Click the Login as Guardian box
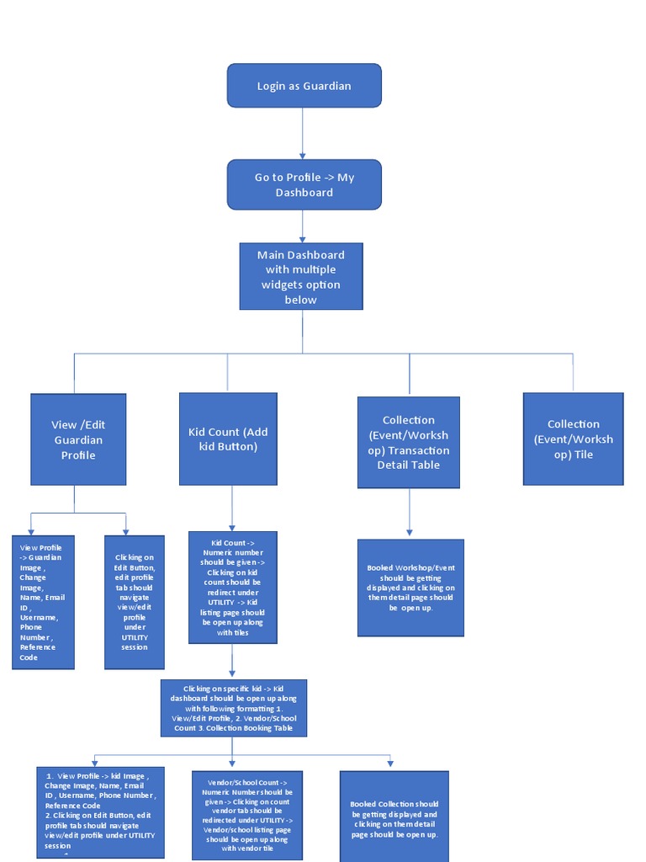pyautogui.click(x=304, y=86)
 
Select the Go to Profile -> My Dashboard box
pyautogui.click(x=304, y=184)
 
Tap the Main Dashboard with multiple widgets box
pyautogui.click(x=301, y=276)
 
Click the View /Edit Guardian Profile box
pyautogui.click(x=78, y=439)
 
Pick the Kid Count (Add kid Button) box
pyautogui.click(x=228, y=439)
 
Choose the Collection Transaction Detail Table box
pyautogui.click(x=408, y=442)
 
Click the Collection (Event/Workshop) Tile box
pyautogui.click(x=573, y=439)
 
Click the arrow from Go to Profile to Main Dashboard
pyautogui.click(x=303, y=226)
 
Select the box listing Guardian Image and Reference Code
pyautogui.click(x=43, y=602)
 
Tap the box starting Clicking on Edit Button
pyautogui.click(x=135, y=602)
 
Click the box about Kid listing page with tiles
pyautogui.click(x=233, y=588)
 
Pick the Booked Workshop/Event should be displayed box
pyautogui.click(x=410, y=588)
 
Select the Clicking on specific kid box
pyautogui.click(x=233, y=708)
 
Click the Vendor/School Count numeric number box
pyautogui.click(x=246, y=815)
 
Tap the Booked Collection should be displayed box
pyautogui.click(x=394, y=815)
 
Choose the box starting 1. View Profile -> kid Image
pyautogui.click(x=100, y=811)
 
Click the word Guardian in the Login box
pyautogui.click(x=327, y=86)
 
